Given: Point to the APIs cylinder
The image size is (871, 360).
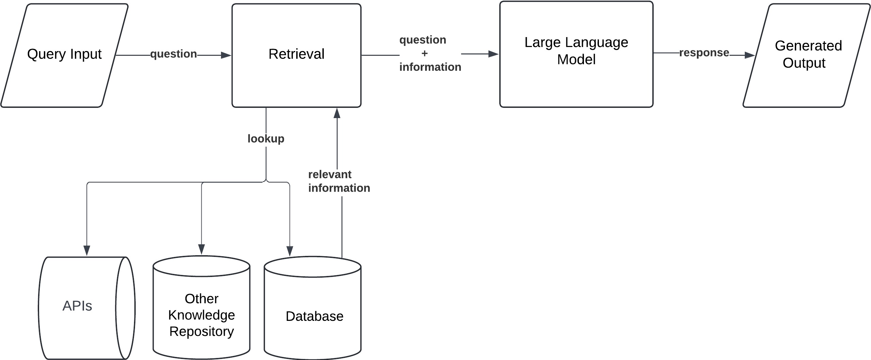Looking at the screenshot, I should pos(78,306).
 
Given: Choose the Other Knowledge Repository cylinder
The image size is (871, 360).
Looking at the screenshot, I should pos(201,315).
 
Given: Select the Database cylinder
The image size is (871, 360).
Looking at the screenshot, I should pos(314,316).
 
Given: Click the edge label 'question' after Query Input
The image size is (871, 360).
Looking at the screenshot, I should pos(173,54).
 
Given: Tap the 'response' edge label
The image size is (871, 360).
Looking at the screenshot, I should pos(704,53).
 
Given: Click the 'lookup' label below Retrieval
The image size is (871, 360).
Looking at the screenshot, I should pos(266,138).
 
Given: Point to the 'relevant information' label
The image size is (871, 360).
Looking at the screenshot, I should pos(339,181).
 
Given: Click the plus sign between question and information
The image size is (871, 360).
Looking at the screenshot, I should pos(424,53).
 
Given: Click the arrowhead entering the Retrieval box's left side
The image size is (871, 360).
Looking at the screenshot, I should pos(226,55).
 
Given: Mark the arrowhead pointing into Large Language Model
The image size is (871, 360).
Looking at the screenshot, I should pos(493,54).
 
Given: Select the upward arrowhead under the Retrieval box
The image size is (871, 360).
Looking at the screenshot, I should pos(337,113).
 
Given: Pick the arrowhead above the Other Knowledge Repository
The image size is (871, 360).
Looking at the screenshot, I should pos(201,249).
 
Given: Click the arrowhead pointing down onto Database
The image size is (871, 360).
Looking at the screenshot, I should pos(289,251).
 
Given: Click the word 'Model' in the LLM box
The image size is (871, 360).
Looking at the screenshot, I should pos(576,60).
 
